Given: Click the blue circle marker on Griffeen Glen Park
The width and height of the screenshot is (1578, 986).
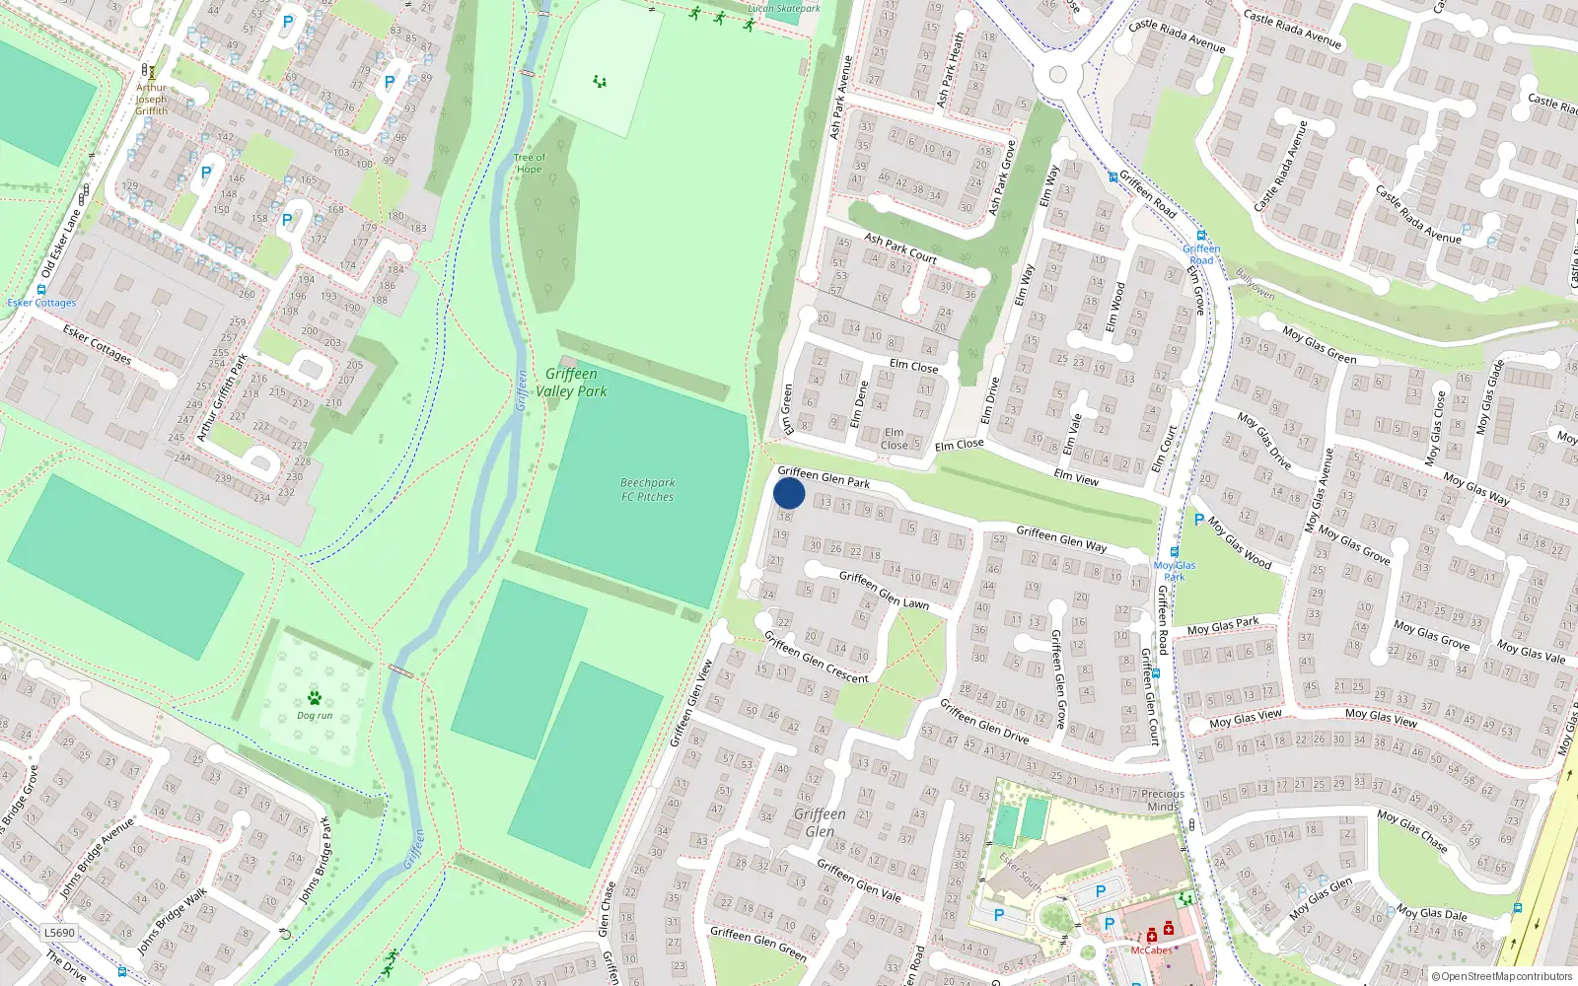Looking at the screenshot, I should [789, 493].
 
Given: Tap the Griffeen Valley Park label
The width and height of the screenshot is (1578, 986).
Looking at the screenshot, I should [571, 383].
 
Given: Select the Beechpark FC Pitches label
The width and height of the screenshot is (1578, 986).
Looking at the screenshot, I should [647, 490].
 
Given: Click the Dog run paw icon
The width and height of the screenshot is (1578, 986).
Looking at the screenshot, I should [315, 698].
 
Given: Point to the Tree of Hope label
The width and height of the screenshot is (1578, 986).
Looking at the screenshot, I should [529, 164].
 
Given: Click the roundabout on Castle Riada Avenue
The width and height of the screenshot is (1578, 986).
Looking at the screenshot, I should [1058, 74].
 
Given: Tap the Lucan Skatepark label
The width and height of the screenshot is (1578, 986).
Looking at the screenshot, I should [783, 9].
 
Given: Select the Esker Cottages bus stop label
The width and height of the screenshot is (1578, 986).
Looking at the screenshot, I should [41, 303].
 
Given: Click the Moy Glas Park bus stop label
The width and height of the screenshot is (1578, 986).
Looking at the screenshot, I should [1175, 571].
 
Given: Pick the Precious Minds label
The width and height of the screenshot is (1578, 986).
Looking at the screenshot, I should [1163, 800].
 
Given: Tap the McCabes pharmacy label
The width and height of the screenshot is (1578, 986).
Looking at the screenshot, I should [1151, 951].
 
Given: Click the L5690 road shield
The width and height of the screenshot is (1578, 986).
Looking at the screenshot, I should [59, 933].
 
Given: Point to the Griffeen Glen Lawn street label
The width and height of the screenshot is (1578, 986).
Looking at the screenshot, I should [884, 590].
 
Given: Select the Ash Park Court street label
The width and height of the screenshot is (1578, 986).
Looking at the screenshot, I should [900, 247].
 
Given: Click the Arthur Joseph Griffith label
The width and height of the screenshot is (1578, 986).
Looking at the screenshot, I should [151, 99].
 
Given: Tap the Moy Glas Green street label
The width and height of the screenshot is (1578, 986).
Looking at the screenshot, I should [1320, 345].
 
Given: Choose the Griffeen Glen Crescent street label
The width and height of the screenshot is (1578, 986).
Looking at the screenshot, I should [816, 658].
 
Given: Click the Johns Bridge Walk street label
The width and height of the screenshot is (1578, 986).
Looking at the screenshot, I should [173, 921].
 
